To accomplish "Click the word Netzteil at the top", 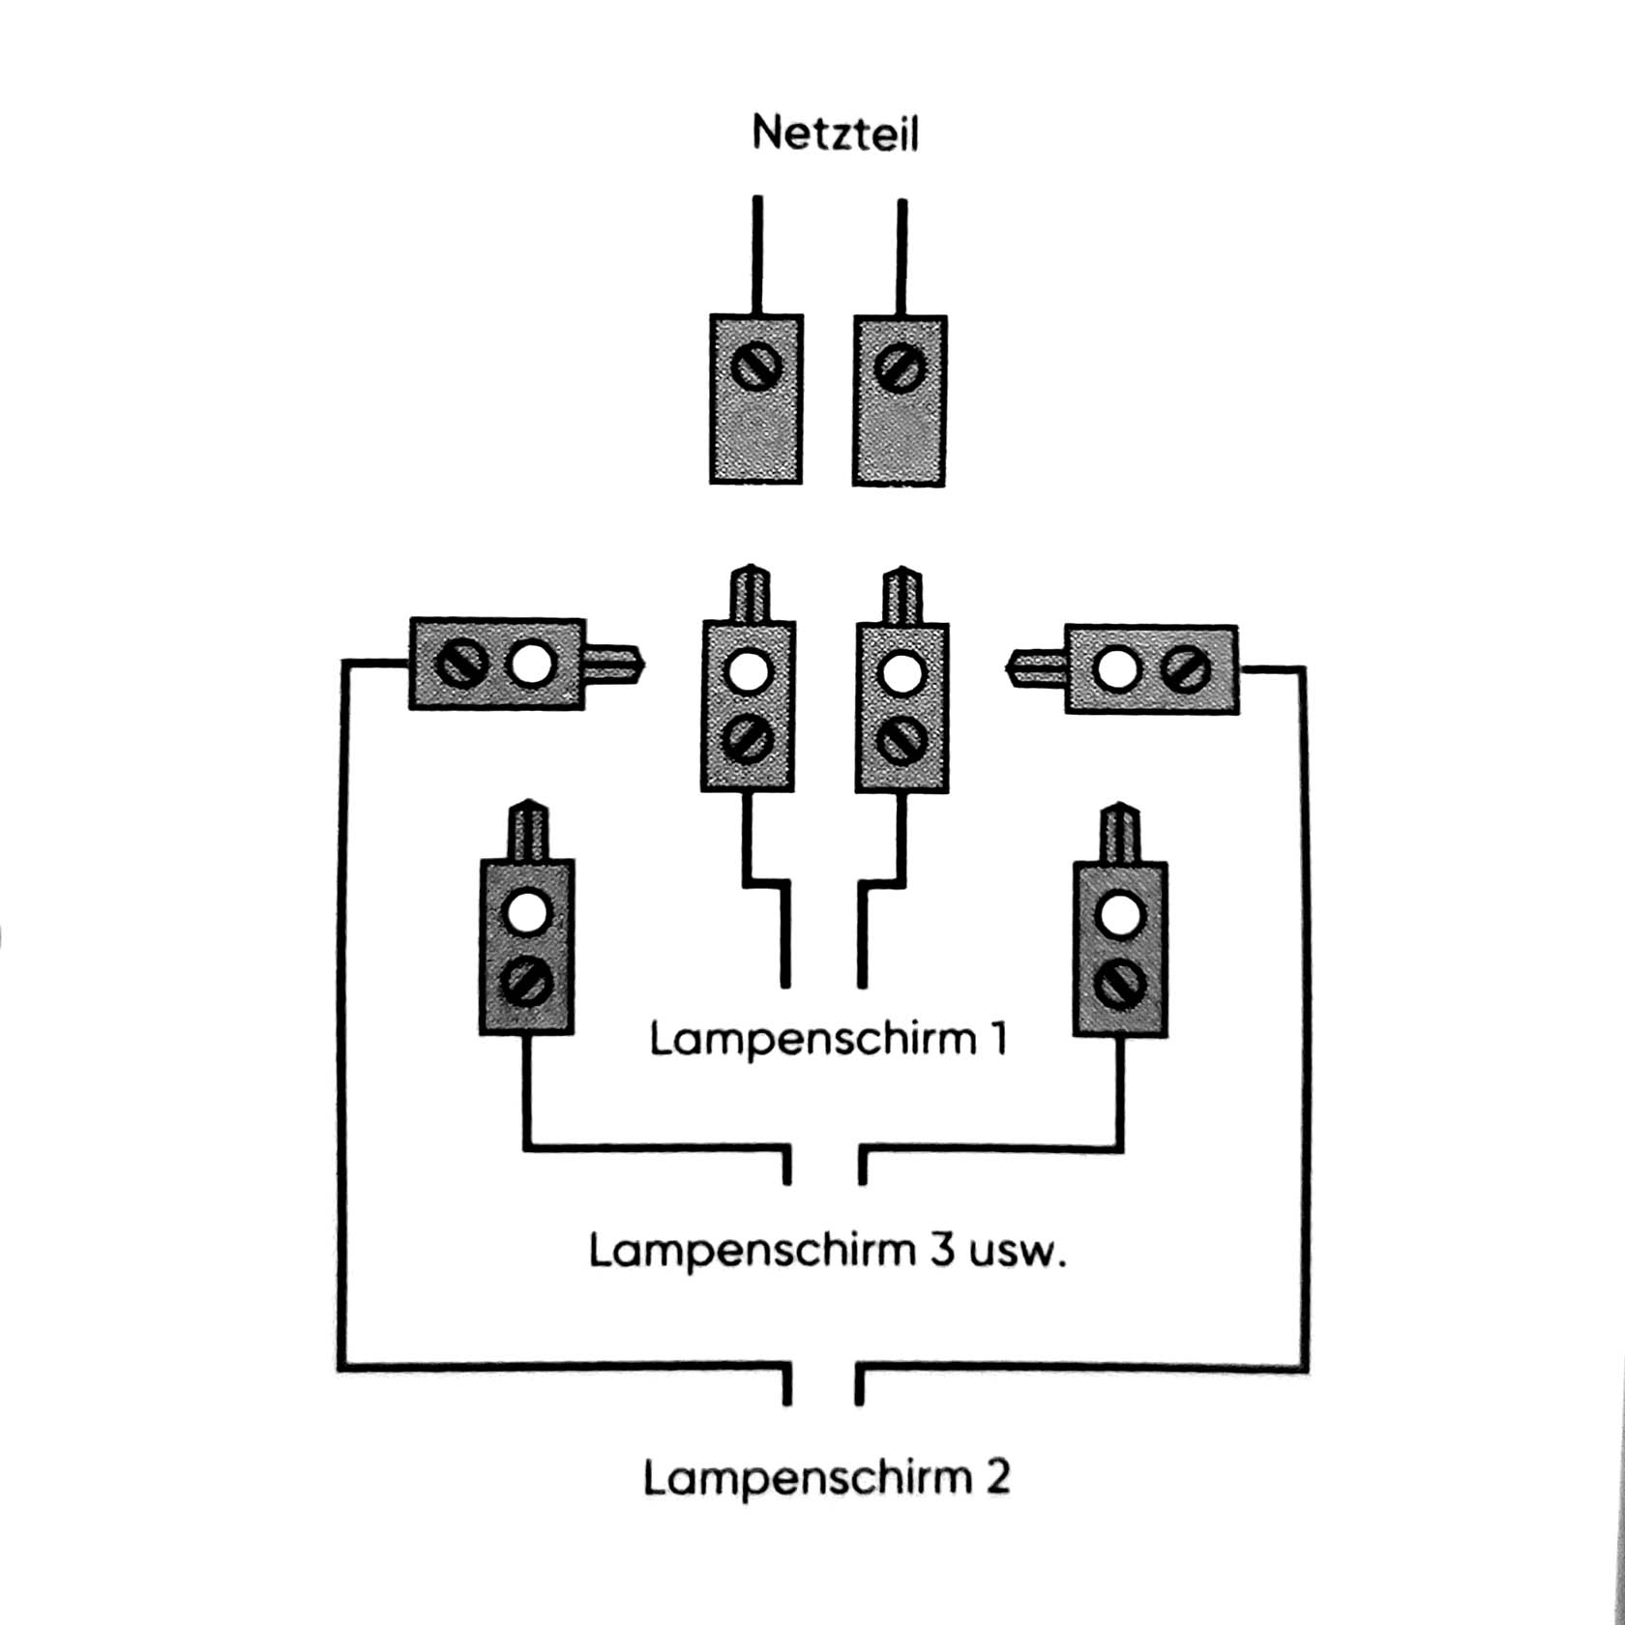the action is (x=835, y=133).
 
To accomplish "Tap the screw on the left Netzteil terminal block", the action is (x=755, y=367).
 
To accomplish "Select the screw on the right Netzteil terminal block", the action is (x=900, y=368).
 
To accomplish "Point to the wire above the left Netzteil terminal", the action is (x=757, y=255).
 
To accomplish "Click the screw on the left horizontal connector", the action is (x=461, y=665).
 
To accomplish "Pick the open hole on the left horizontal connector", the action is (x=531, y=665).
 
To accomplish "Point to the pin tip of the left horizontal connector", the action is (x=641, y=665).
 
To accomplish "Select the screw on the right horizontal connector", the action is (x=1186, y=670).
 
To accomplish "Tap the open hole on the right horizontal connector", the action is (x=1116, y=669).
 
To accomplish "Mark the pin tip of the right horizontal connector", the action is (x=1009, y=668).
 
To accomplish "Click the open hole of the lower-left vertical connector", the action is (x=527, y=912).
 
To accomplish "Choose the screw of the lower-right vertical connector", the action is (x=1120, y=986).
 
